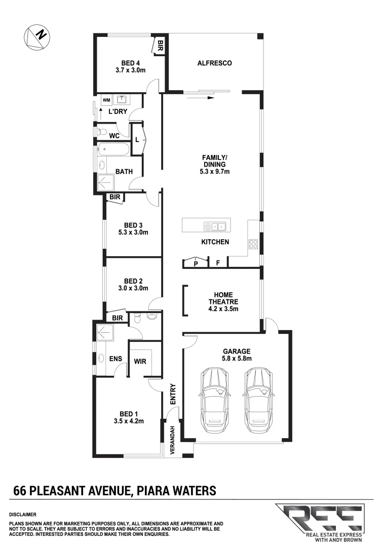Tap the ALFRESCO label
[x=214, y=63]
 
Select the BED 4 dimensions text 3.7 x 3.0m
[x=131, y=70]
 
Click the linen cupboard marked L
[x=137, y=140]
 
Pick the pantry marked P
[x=196, y=262]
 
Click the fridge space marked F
[x=218, y=263]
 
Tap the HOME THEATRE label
[x=223, y=301]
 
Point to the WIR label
[x=140, y=362]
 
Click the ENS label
[x=116, y=359]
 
